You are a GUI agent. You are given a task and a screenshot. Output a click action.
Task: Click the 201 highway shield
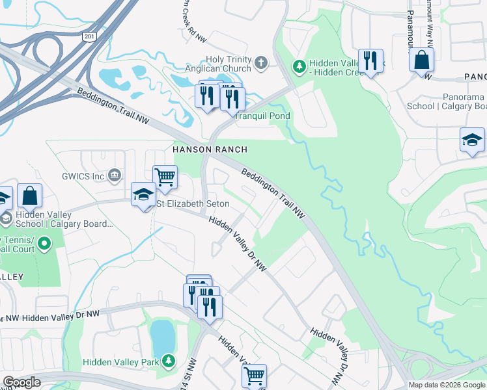(x=90, y=37)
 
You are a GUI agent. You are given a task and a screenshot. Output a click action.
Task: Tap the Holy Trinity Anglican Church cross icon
(x=260, y=63)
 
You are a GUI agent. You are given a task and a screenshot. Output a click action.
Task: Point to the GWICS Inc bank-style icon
(x=115, y=175)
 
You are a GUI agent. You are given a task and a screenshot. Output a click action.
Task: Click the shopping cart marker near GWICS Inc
(x=165, y=176)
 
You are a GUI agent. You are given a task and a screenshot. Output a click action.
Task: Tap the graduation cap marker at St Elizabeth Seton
(x=143, y=194)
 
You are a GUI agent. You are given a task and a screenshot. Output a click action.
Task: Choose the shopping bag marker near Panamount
(x=422, y=60)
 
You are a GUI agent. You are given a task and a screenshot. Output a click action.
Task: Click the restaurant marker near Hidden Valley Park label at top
(x=370, y=61)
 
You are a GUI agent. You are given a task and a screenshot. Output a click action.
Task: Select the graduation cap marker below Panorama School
(x=472, y=140)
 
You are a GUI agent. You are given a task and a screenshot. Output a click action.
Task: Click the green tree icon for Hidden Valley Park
(x=169, y=359)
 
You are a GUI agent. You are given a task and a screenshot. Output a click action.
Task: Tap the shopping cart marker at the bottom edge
(x=254, y=375)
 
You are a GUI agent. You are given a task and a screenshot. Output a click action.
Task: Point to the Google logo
(x=21, y=382)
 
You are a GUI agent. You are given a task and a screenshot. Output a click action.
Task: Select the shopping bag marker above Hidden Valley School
(x=29, y=194)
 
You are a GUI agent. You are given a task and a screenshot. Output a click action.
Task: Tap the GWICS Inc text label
(x=83, y=175)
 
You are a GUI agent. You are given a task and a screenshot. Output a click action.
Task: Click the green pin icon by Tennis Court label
(x=44, y=244)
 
